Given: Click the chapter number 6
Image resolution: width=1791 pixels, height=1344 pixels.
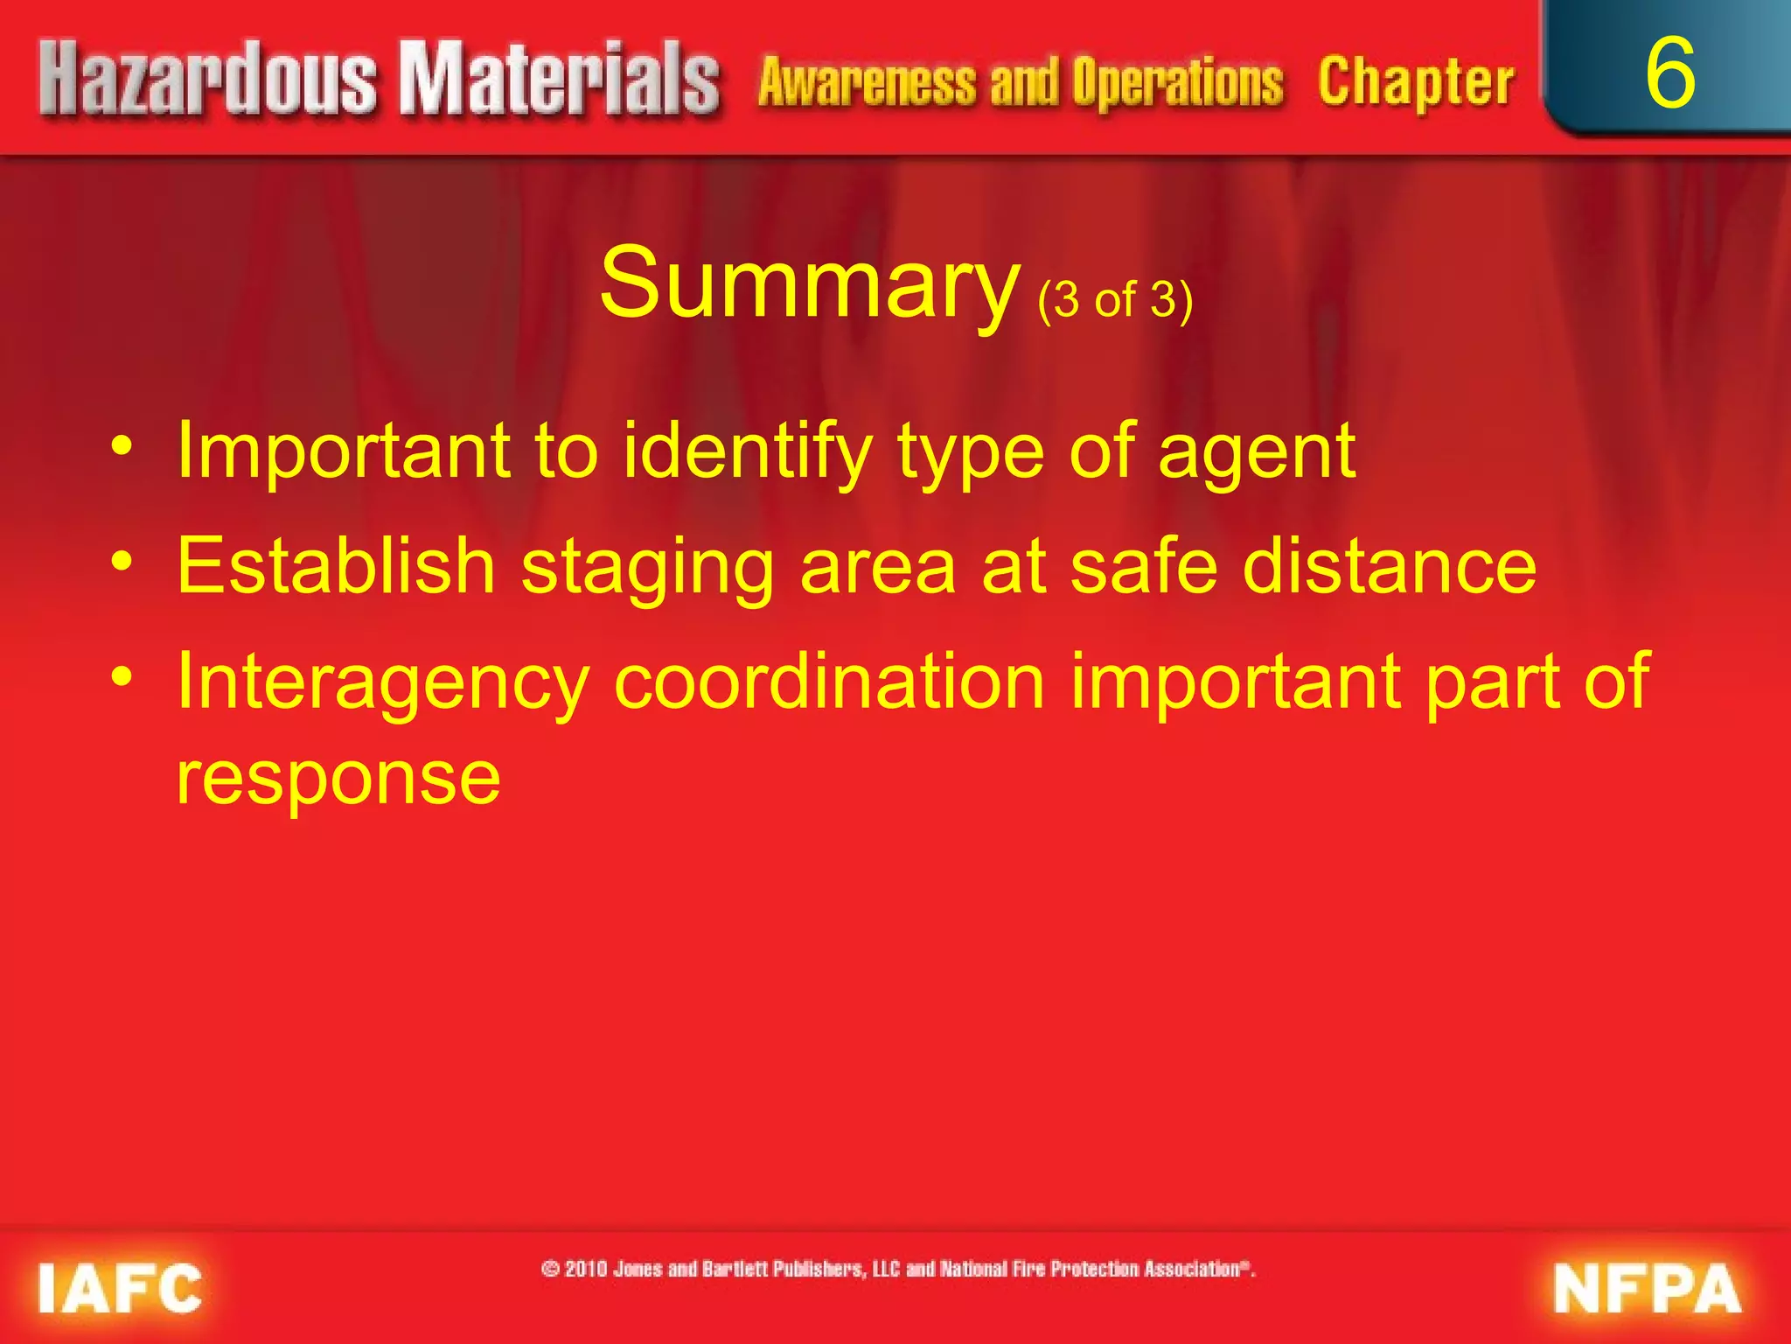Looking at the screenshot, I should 1669,74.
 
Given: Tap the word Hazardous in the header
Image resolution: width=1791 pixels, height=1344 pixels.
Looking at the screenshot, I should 208,80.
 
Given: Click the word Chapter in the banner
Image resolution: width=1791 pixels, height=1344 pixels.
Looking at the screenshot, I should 1416,82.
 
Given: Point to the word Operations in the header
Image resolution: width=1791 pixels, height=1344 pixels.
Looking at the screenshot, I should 1178,82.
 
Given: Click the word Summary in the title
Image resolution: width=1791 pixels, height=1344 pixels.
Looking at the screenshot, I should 809,283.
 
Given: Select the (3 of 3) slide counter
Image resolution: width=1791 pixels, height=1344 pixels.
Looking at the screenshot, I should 1115,300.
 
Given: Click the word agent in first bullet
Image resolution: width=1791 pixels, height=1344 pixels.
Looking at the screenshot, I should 1256,453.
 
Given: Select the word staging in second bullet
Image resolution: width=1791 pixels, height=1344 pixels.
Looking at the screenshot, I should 647,569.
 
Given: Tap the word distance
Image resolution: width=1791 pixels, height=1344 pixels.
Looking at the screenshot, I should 1390,566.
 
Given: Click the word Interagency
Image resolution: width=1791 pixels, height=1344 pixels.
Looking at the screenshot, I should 382,682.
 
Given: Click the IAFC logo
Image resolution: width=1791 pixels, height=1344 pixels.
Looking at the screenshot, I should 120,1288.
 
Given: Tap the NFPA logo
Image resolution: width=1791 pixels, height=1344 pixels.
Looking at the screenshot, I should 1647,1288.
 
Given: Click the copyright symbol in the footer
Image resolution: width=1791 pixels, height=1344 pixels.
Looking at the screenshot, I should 551,1269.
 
